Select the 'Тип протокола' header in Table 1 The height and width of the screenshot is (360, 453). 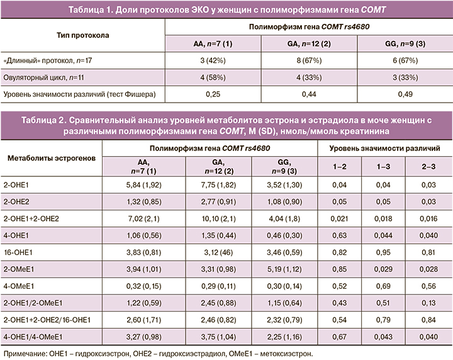[82, 35]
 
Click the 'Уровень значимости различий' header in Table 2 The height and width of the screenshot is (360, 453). [386, 148]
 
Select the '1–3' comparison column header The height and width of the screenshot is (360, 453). [386, 167]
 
